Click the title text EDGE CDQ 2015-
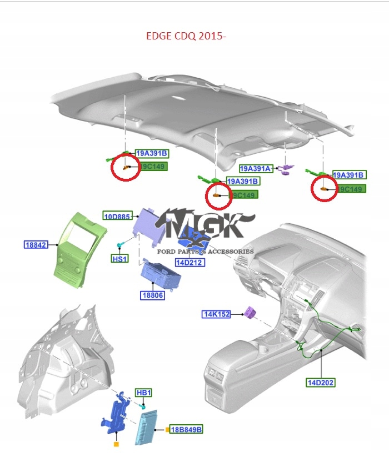click(186, 36)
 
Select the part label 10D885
click(117, 215)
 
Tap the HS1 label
click(119, 259)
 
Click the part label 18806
click(152, 295)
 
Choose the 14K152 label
click(216, 314)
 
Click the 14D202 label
click(321, 382)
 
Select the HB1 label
click(144, 393)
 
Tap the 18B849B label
click(186, 429)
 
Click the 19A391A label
click(255, 168)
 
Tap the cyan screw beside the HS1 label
click(119, 245)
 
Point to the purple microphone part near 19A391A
click(287, 167)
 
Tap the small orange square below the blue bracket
click(116, 444)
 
